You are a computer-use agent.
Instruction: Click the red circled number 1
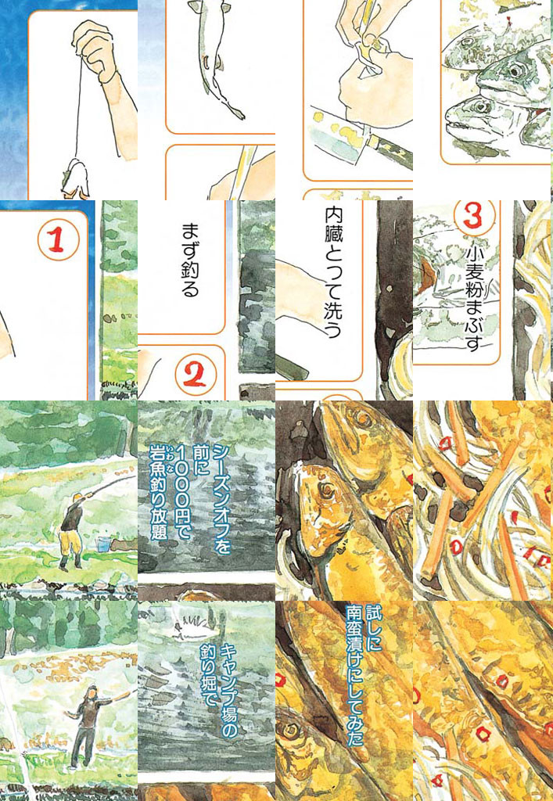[58, 240]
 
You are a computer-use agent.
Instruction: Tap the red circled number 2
[196, 374]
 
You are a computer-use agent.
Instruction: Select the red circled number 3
[473, 215]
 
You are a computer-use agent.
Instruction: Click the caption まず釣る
[190, 260]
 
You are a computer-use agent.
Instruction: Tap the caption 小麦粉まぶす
[475, 299]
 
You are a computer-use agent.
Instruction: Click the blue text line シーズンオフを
[221, 499]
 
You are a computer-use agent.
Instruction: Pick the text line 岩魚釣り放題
[158, 493]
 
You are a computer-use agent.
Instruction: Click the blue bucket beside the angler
[102, 544]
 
